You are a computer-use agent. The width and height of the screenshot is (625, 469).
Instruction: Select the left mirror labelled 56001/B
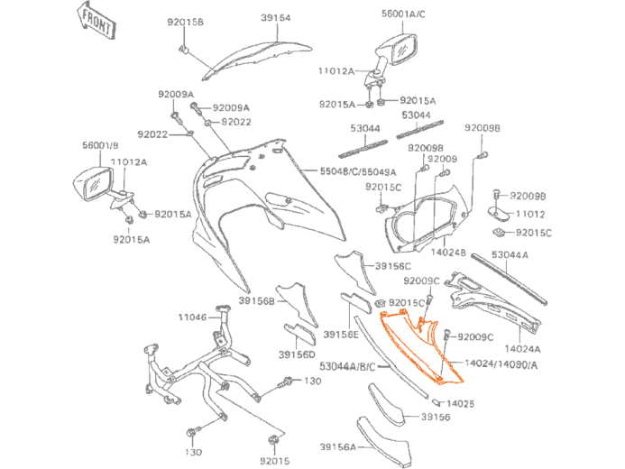pos(93,185)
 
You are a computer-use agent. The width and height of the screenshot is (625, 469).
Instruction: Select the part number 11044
pos(191,317)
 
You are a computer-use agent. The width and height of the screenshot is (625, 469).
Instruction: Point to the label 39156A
pos(337,446)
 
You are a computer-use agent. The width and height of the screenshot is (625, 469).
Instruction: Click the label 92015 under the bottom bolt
pos(274,460)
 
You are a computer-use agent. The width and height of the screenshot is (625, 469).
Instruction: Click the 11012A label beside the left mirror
pos(129,162)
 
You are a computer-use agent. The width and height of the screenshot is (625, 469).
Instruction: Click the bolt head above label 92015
pos(274,440)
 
